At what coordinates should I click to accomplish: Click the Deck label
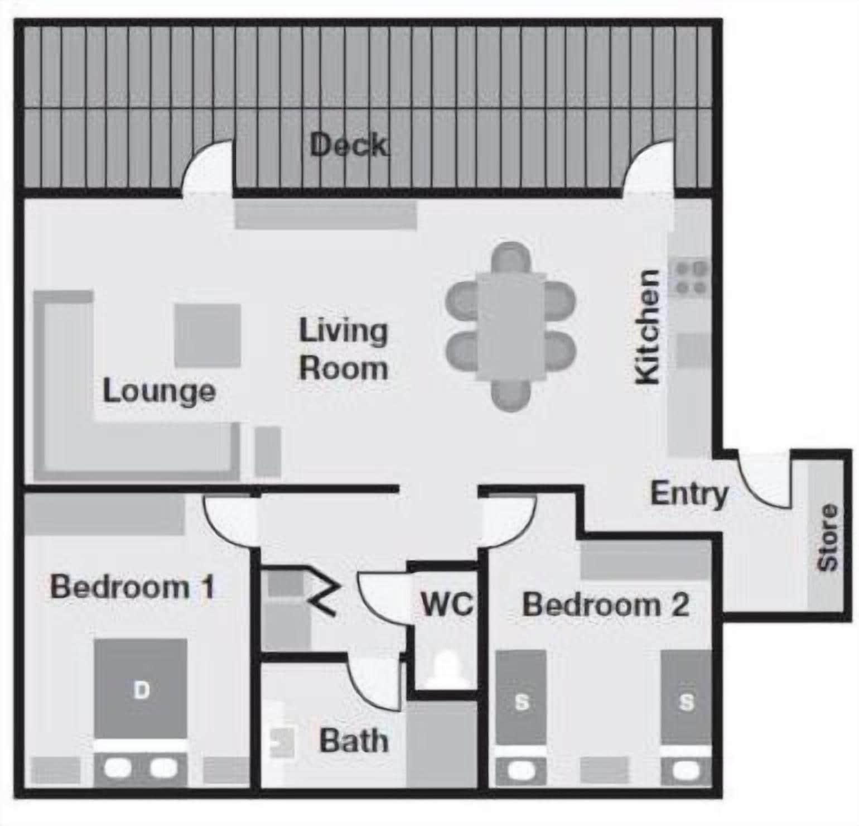click(x=349, y=146)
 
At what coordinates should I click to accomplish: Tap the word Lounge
click(x=159, y=391)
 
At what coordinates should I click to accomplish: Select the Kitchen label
click(x=648, y=328)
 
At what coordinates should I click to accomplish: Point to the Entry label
click(x=689, y=494)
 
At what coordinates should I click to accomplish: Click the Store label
click(x=828, y=537)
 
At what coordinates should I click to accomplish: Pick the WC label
click(x=447, y=604)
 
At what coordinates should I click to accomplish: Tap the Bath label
click(x=354, y=741)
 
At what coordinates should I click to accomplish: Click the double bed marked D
click(x=141, y=690)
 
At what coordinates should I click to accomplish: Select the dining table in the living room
click(x=510, y=326)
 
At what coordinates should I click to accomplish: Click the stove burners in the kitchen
click(x=692, y=278)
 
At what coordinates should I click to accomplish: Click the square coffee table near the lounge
click(x=207, y=335)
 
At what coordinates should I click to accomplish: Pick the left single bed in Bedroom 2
click(x=521, y=698)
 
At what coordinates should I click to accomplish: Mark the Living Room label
click(x=343, y=349)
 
